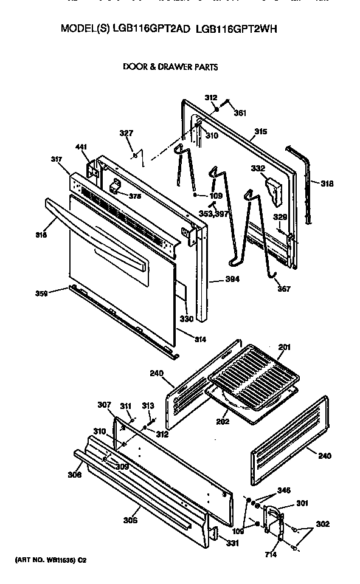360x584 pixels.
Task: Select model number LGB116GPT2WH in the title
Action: click(x=237, y=29)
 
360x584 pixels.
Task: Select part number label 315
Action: click(x=260, y=131)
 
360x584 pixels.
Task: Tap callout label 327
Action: click(x=126, y=133)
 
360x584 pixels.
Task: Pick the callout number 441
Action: click(x=81, y=147)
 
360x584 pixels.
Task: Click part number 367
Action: click(x=283, y=289)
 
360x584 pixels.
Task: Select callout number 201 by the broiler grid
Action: click(x=285, y=348)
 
